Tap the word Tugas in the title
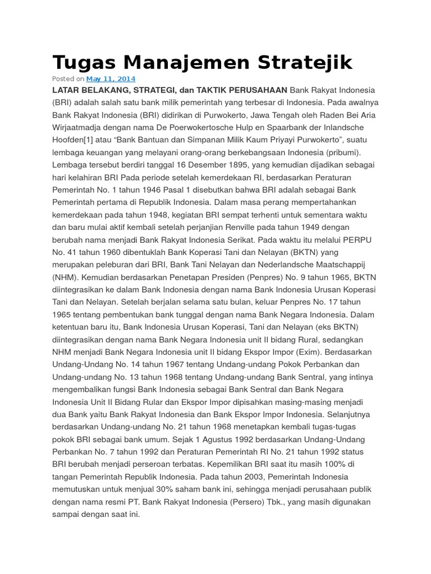coord(79,62)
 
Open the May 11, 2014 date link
coord(111,79)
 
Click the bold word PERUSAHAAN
coord(259,90)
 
